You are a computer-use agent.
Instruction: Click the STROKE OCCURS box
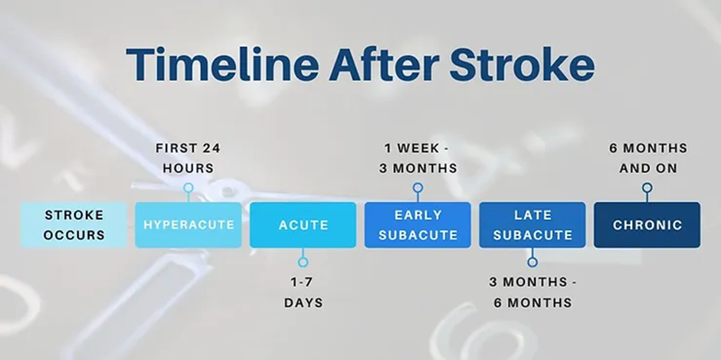[x=74, y=224]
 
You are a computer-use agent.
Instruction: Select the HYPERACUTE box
[x=188, y=224]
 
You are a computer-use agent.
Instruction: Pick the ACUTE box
[x=303, y=224]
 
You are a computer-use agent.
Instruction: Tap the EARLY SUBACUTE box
[x=418, y=224]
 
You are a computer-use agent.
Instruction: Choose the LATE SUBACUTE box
[x=533, y=224]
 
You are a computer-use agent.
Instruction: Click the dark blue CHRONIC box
[x=647, y=224]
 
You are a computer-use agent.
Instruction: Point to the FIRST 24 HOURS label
[x=188, y=158]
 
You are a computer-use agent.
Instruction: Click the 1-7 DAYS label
[x=303, y=293]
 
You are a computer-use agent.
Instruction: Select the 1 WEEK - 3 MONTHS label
[x=418, y=158]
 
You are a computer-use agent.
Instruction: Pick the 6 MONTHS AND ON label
[x=648, y=158]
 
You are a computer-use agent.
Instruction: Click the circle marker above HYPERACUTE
[x=188, y=187]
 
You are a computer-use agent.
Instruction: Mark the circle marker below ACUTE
[x=303, y=262]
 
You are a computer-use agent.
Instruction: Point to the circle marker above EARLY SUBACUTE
[x=418, y=187]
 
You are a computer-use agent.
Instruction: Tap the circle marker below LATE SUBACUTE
[x=533, y=262]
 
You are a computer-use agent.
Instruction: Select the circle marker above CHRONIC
[x=647, y=187]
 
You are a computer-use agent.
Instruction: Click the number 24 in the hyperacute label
[x=211, y=148]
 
